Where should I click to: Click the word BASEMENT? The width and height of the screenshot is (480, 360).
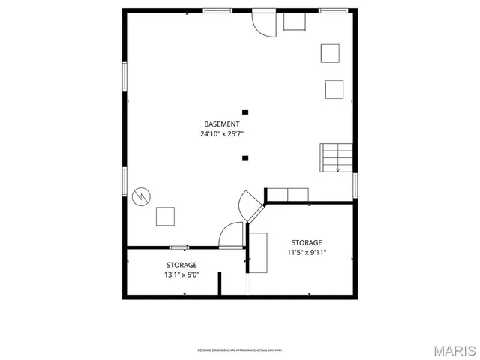(222, 124)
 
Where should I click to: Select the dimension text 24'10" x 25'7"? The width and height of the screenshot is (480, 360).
(222, 134)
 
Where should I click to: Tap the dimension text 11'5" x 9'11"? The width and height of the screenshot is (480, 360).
(307, 253)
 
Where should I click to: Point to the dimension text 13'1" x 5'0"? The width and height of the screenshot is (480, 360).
(181, 274)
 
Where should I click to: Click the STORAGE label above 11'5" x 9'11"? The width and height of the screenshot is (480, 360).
(307, 242)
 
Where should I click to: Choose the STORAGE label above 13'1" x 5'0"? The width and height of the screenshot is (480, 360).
(181, 265)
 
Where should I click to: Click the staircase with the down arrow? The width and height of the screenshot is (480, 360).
(336, 157)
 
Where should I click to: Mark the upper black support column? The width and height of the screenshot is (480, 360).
(245, 112)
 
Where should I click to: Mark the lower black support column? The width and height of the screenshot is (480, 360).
(245, 157)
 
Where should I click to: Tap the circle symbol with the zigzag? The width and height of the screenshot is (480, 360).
(140, 196)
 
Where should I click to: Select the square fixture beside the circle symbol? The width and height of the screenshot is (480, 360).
(165, 217)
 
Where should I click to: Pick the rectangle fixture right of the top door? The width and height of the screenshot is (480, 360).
(294, 22)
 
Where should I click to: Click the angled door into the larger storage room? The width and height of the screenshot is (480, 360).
(250, 205)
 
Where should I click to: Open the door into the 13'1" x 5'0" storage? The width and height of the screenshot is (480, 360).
(231, 235)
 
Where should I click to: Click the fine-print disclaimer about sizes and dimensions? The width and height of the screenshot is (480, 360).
(239, 350)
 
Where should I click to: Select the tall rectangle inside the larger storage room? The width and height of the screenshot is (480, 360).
(259, 253)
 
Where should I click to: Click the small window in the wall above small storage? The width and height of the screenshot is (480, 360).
(178, 247)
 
